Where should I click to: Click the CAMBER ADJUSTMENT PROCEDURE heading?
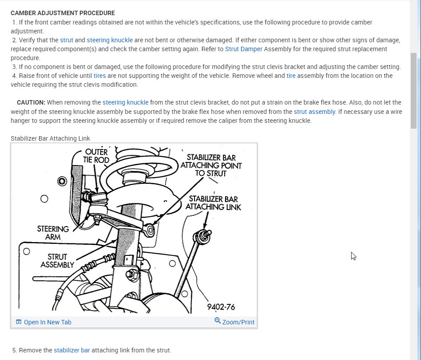click(x=63, y=13)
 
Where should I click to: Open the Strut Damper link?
click(x=243, y=49)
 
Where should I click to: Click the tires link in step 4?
click(x=100, y=76)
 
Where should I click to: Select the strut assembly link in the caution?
click(x=314, y=112)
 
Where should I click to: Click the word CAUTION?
click(x=31, y=102)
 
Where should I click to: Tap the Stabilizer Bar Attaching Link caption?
click(x=50, y=138)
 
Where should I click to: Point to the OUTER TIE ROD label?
click(x=96, y=155)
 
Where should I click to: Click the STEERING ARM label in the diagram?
click(x=53, y=233)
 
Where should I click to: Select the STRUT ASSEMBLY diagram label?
click(x=57, y=261)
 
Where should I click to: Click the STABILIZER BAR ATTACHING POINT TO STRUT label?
click(x=211, y=165)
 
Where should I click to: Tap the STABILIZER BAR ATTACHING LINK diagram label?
click(x=213, y=203)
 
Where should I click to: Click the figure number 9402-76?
click(x=221, y=307)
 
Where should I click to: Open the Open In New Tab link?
click(x=47, y=322)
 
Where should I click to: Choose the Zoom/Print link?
click(x=238, y=322)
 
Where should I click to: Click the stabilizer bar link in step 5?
click(x=72, y=350)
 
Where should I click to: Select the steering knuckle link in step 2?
click(x=109, y=40)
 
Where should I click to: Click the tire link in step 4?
click(x=291, y=76)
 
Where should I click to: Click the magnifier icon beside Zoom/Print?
click(x=218, y=321)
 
